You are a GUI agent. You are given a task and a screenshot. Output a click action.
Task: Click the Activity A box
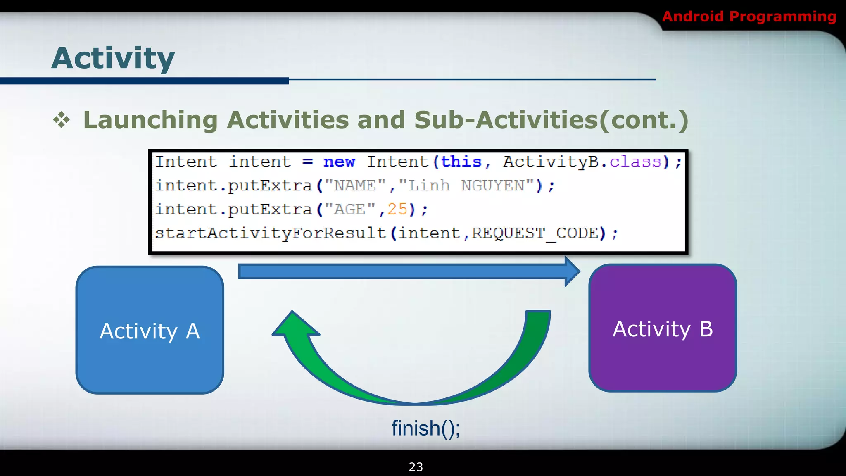pyautogui.click(x=150, y=331)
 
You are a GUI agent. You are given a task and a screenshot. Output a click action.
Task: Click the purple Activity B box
pyautogui.click(x=663, y=328)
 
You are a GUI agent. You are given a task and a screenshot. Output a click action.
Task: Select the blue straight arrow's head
pyautogui.click(x=572, y=271)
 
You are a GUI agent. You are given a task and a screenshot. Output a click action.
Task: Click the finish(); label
pyautogui.click(x=425, y=428)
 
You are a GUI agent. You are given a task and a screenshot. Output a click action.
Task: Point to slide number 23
pyautogui.click(x=416, y=467)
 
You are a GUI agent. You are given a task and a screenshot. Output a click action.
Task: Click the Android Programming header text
pyautogui.click(x=749, y=17)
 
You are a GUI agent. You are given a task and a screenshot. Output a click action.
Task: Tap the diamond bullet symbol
pyautogui.click(x=62, y=120)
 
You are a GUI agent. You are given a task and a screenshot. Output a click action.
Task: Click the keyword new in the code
pyautogui.click(x=339, y=162)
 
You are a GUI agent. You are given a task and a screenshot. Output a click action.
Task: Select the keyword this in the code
pyautogui.click(x=461, y=162)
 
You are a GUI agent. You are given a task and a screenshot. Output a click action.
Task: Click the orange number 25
pyautogui.click(x=397, y=209)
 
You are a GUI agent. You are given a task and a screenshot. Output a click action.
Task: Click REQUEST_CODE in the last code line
pyautogui.click(x=535, y=233)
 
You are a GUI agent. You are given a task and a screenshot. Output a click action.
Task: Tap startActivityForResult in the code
pyautogui.click(x=270, y=233)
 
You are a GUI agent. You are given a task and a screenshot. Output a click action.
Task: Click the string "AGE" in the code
pyautogui.click(x=349, y=209)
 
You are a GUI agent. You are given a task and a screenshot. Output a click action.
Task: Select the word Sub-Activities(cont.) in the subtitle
pyautogui.click(x=551, y=120)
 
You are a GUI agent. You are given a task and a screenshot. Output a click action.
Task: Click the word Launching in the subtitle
pyautogui.click(x=150, y=120)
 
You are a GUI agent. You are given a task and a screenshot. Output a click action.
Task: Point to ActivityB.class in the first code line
pyautogui.click(x=582, y=162)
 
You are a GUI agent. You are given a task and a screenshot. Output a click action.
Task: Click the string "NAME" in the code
pyautogui.click(x=354, y=186)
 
